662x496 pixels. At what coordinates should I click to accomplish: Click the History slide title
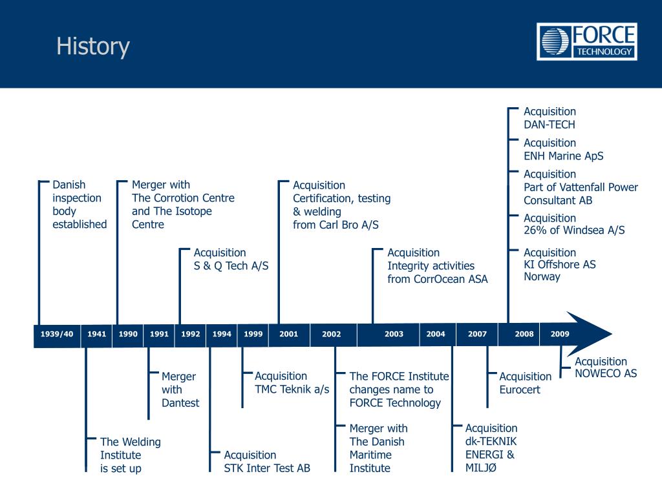coord(92,46)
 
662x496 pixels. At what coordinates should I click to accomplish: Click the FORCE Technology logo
coord(586,42)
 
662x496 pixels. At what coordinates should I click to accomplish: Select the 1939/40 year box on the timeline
coord(57,334)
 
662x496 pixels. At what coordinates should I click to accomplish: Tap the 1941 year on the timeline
coord(96,334)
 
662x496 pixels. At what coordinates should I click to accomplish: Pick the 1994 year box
coord(222,334)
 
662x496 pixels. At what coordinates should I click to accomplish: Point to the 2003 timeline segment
coord(394,334)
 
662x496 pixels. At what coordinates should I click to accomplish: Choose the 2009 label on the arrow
coord(560,334)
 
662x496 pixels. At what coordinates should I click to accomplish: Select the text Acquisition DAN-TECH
coord(550,118)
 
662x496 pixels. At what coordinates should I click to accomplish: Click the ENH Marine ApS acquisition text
coord(563,149)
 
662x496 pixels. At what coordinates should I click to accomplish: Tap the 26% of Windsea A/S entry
coord(574,224)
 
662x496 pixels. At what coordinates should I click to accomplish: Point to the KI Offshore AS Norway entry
coord(559,265)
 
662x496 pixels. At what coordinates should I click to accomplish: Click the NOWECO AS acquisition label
coord(605,367)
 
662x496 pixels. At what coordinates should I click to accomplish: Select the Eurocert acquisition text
coord(525,383)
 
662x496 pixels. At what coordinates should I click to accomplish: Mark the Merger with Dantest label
coord(180,389)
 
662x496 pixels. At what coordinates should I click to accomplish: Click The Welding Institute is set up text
coord(130,455)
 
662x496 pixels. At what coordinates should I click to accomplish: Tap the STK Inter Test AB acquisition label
coord(266,461)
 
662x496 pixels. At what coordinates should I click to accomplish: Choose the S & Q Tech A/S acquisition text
coord(231,259)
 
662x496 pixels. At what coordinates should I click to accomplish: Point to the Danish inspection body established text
coord(79,204)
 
